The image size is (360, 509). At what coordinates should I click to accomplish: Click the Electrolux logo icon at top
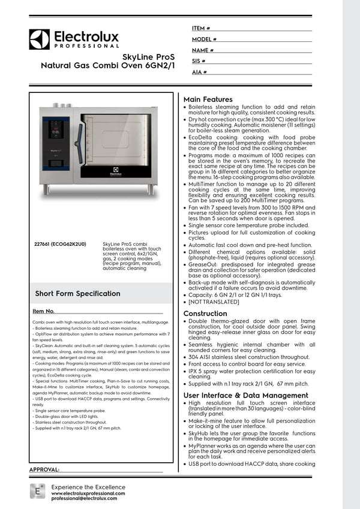tap(39, 40)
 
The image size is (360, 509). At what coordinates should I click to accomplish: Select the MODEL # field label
tap(204, 40)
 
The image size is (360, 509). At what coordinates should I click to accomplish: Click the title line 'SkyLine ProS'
tap(149, 56)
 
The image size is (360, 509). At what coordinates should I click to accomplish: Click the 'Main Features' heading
tap(208, 99)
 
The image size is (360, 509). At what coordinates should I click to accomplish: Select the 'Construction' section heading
tap(205, 314)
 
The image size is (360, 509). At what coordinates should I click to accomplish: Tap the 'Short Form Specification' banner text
tap(78, 293)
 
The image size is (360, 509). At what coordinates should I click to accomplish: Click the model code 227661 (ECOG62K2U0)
tap(61, 245)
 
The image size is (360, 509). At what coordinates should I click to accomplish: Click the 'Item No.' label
tap(44, 312)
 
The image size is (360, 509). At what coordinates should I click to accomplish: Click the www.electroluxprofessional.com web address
tap(88, 492)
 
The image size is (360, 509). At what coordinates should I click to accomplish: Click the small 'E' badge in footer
tap(37, 491)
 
